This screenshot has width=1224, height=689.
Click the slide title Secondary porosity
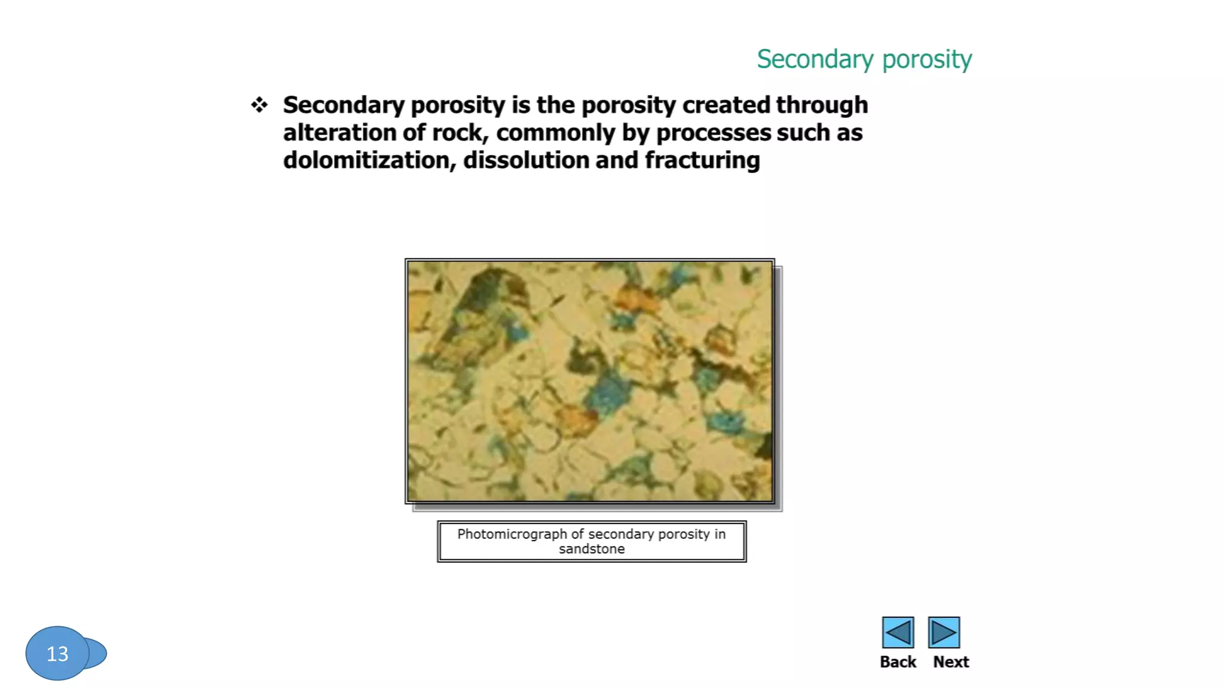[x=864, y=59]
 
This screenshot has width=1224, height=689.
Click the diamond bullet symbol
[x=259, y=105]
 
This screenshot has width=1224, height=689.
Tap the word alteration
[x=339, y=133]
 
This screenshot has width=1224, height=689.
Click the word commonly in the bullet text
[x=555, y=133]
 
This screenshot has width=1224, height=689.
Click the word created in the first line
[x=726, y=105]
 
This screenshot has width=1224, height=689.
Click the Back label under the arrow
[x=898, y=662]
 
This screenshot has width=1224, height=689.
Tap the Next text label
[x=951, y=662]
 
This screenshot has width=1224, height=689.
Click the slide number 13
[x=57, y=654]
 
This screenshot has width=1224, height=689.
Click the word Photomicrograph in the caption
[x=512, y=534]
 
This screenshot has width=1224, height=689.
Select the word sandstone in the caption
[x=592, y=549]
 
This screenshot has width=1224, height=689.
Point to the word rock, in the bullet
[x=457, y=133]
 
